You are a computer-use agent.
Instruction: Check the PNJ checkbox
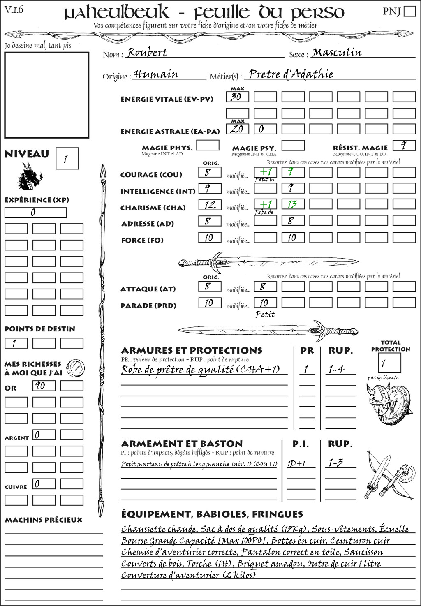click(x=409, y=11)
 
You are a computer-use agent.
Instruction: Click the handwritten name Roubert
click(x=147, y=53)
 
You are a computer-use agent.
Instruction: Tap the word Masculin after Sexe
click(x=337, y=53)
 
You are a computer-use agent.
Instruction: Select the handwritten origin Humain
click(x=156, y=74)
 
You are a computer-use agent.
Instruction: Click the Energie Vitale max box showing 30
click(x=237, y=97)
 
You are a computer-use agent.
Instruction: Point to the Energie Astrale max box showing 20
click(x=237, y=129)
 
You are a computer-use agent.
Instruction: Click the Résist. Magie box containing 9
click(x=404, y=146)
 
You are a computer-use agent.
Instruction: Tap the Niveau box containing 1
click(x=67, y=159)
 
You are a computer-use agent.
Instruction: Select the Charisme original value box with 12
click(x=210, y=205)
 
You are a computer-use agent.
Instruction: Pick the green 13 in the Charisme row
click(x=293, y=205)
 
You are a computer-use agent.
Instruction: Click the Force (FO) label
click(x=142, y=240)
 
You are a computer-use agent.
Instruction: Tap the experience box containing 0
click(x=35, y=213)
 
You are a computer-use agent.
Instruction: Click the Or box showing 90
click(x=44, y=386)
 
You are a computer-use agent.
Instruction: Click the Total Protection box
click(x=389, y=363)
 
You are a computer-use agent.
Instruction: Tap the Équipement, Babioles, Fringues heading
click(x=212, y=514)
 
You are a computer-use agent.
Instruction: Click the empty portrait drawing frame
click(x=46, y=95)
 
